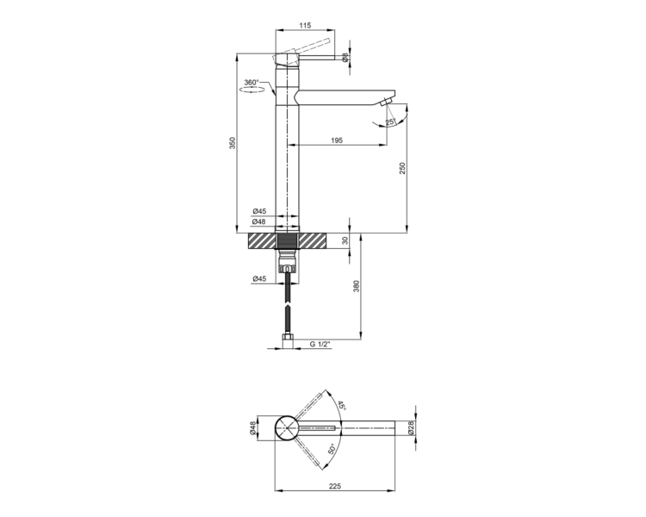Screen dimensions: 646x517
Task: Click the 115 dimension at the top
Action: [304, 26]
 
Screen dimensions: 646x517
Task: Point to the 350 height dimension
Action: [233, 143]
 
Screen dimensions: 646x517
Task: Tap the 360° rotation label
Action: [252, 83]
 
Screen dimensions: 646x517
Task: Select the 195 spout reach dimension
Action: [337, 140]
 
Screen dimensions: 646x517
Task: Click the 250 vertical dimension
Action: [402, 168]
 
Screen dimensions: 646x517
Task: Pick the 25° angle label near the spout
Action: [390, 122]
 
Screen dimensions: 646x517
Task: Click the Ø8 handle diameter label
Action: [345, 58]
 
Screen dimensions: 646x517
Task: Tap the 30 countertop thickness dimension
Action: [345, 240]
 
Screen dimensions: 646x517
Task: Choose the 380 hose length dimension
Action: [357, 286]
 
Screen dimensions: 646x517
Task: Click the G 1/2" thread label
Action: [320, 344]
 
